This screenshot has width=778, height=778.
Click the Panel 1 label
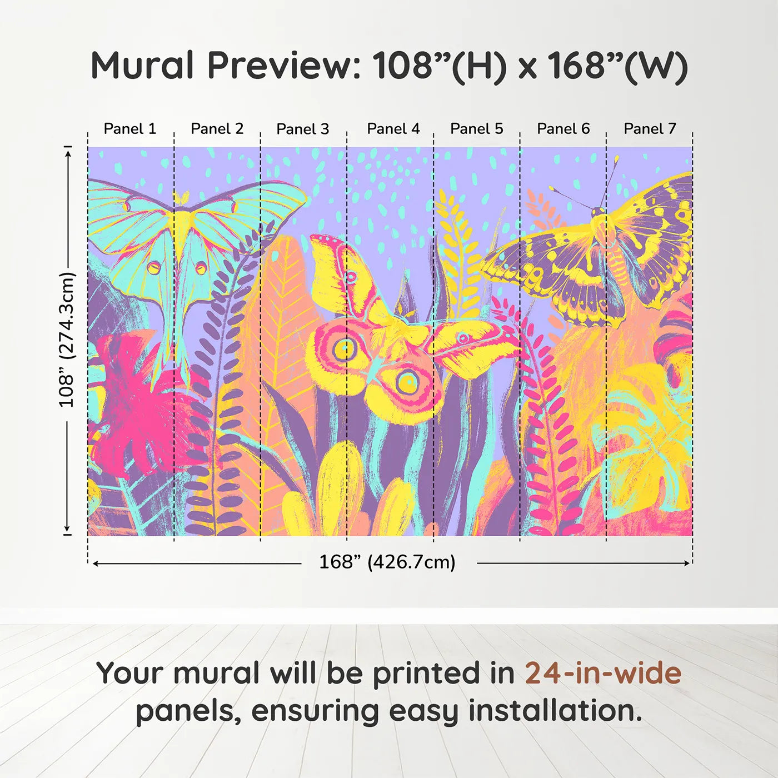[130, 129]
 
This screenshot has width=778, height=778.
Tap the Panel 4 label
[393, 129]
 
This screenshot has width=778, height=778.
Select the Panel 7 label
[650, 129]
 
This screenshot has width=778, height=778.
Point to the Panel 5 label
[476, 129]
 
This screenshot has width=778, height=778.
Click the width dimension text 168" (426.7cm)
[387, 562]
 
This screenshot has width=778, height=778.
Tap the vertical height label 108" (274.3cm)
[67, 340]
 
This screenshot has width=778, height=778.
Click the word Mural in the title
[142, 66]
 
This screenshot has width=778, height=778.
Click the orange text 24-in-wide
[603, 674]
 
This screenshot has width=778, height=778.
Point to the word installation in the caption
[555, 711]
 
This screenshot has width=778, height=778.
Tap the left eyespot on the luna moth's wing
[153, 268]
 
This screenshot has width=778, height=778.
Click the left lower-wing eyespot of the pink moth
[345, 349]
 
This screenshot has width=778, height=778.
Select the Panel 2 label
[217, 129]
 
